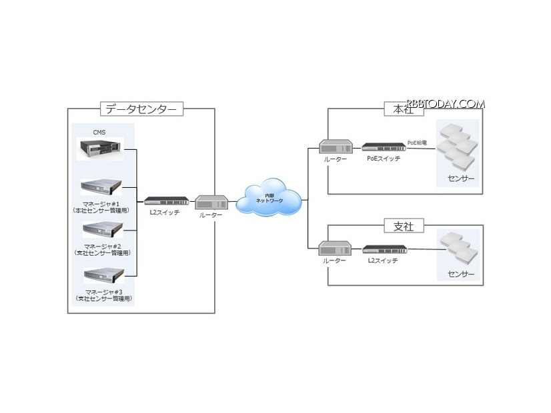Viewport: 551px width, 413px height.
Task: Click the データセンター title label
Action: [141, 109]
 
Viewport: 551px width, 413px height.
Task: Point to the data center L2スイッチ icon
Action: [165, 201]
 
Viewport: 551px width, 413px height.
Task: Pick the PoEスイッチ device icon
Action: [383, 146]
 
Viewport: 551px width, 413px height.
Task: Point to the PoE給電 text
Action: [419, 143]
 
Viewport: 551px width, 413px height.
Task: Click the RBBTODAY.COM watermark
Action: [446, 103]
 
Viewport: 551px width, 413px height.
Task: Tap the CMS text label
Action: [99, 133]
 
